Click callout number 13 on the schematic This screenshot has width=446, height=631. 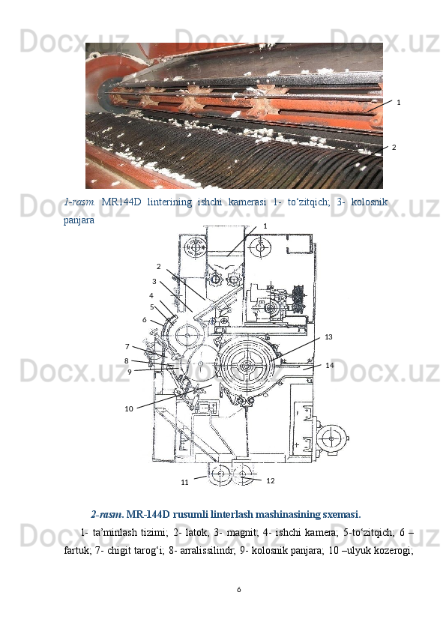[x=328, y=336]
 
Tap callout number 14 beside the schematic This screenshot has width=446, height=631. [x=330, y=365]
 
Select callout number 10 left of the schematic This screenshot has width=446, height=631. [x=129, y=409]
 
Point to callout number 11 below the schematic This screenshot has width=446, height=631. [x=184, y=482]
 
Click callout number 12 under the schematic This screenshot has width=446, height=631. [x=271, y=480]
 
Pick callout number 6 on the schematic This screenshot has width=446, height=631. [x=145, y=320]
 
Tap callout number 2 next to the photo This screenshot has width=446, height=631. [x=394, y=148]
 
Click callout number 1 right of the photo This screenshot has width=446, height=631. [x=399, y=103]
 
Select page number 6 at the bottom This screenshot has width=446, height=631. [x=238, y=590]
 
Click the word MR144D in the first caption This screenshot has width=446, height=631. [x=121, y=202]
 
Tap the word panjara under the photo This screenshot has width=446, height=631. [x=79, y=220]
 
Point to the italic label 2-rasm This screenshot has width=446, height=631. [x=107, y=514]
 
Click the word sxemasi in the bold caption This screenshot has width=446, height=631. [x=340, y=514]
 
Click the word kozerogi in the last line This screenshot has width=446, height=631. [x=397, y=551]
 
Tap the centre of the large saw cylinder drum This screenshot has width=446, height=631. [x=246, y=366]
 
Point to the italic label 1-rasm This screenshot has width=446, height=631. [x=79, y=202]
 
